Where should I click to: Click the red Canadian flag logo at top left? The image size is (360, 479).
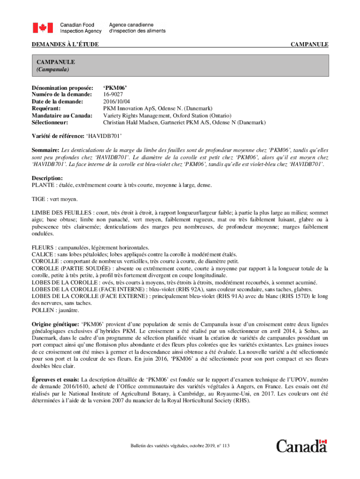tap(43, 28)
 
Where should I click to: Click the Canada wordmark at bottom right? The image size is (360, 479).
tap(302, 446)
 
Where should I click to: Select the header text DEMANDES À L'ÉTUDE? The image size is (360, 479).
tap(65, 44)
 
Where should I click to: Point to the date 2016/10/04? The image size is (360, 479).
tap(117, 101)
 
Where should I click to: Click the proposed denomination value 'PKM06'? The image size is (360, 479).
tap(115, 87)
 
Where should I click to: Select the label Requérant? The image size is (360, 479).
tap(48, 108)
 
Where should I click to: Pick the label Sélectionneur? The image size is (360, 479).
tap(50, 122)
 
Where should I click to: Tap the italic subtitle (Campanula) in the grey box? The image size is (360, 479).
tap(53, 70)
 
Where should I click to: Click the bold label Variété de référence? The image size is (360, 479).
tap(58, 136)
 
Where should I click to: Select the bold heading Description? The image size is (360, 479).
tap(47, 178)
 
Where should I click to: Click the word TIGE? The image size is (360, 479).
tap(38, 199)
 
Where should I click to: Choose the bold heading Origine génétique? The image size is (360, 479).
tap(56, 324)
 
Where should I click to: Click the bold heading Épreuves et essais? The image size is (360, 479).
tap(56, 379)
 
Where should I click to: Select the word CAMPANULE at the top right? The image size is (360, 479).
tap(310, 44)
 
